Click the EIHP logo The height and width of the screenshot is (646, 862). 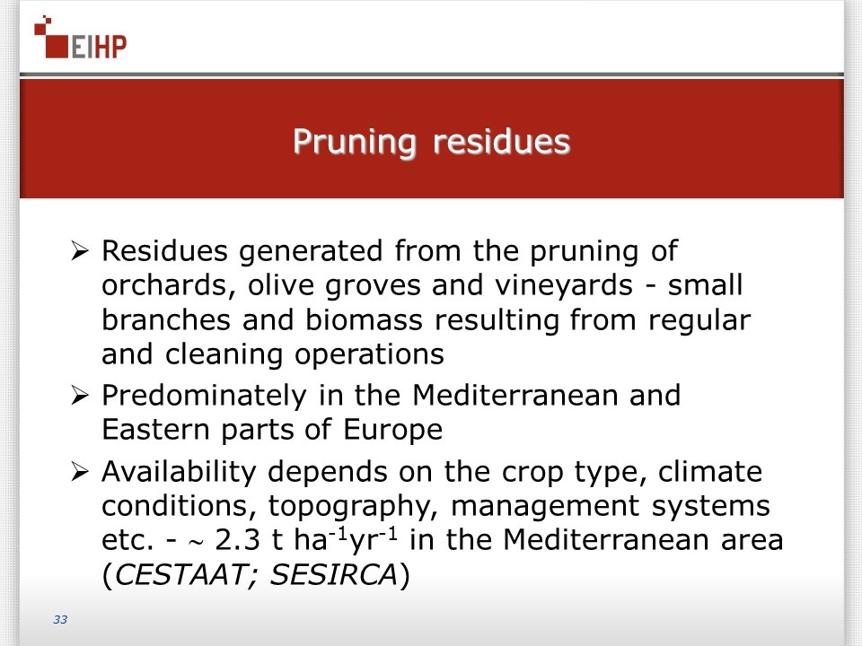click(80, 38)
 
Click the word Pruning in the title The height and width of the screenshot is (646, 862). click(355, 143)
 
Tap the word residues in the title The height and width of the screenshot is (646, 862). click(501, 141)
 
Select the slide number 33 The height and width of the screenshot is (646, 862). click(60, 620)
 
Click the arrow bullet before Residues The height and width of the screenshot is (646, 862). click(80, 251)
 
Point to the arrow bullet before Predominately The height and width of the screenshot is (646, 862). click(80, 396)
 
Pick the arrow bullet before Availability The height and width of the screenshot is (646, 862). click(80, 472)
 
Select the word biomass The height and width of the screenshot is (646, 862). click(364, 319)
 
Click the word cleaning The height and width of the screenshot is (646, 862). click(224, 355)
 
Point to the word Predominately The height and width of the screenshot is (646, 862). click(204, 396)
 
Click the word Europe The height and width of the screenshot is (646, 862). click(392, 431)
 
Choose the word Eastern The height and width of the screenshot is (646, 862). click(155, 430)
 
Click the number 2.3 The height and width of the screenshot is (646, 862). click(237, 540)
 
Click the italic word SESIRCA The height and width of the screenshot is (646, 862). click(334, 574)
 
